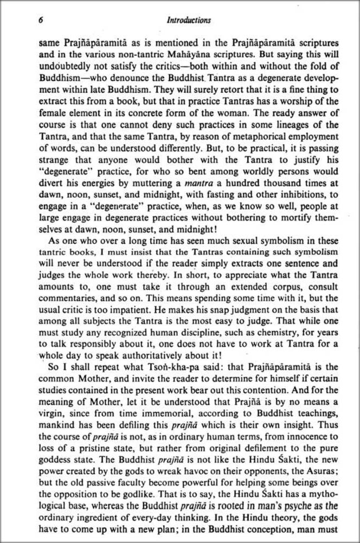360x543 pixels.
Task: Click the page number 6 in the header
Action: pyautogui.click(x=41, y=21)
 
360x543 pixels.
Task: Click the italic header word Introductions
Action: pyautogui.click(x=189, y=21)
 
